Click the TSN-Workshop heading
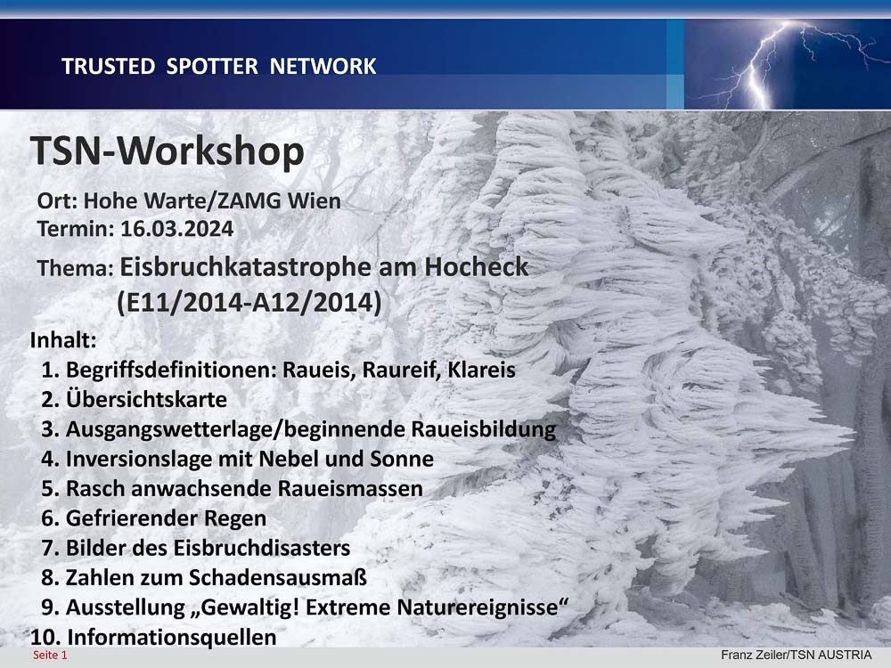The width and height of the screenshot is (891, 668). pyautogui.click(x=168, y=151)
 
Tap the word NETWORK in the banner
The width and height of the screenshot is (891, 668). pyautogui.click(x=323, y=67)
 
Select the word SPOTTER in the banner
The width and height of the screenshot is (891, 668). pyautogui.click(x=212, y=67)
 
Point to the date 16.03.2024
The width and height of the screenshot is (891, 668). pyautogui.click(x=176, y=229)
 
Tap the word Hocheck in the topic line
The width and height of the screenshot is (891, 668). pyautogui.click(x=476, y=267)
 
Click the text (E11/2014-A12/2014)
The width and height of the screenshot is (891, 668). pyautogui.click(x=249, y=302)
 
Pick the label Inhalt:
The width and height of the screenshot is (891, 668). pyautogui.click(x=63, y=340)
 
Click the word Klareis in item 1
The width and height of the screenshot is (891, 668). pyautogui.click(x=481, y=370)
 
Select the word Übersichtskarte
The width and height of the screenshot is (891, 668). pyautogui.click(x=146, y=399)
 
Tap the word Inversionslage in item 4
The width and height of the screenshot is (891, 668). pyautogui.click(x=139, y=459)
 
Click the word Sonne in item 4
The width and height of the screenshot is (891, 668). pyautogui.click(x=402, y=459)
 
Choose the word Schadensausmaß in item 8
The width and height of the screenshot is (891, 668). pyautogui.click(x=277, y=578)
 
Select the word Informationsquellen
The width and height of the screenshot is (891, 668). pyautogui.click(x=172, y=638)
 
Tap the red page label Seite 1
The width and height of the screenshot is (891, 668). pyautogui.click(x=50, y=656)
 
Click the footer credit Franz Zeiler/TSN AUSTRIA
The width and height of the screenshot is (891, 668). pyautogui.click(x=796, y=655)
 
